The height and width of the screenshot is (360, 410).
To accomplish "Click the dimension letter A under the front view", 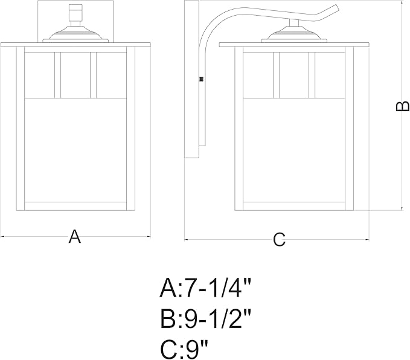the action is [75, 236].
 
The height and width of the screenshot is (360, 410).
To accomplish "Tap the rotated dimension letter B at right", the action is [402, 106].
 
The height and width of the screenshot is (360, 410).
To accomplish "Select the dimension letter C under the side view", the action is [279, 239].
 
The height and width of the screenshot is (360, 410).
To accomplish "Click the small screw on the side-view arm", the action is [201, 79].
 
